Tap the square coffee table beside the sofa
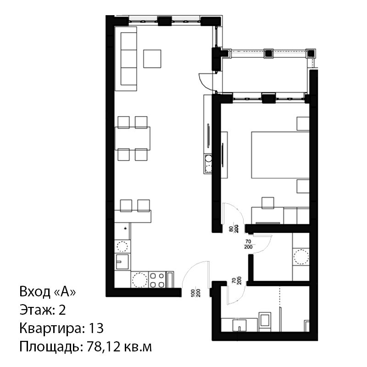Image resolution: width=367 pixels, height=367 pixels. (x=152, y=59)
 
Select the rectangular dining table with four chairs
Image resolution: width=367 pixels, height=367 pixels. (x=133, y=139)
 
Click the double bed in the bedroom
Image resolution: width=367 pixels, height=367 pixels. (x=280, y=155)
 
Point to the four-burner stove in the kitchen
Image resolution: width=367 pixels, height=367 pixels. (x=157, y=280)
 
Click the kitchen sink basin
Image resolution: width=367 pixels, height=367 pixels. (x=122, y=262)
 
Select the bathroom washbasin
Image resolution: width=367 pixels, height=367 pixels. (x=239, y=325)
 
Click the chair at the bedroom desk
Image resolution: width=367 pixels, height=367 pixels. (x=268, y=203)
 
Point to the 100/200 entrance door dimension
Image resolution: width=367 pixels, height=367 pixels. (x=195, y=293)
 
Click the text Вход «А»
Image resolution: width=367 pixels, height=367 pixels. (x=48, y=292)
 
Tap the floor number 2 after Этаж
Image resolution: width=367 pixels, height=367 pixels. (x=62, y=310)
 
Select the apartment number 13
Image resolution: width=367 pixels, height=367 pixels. (x=96, y=328)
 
